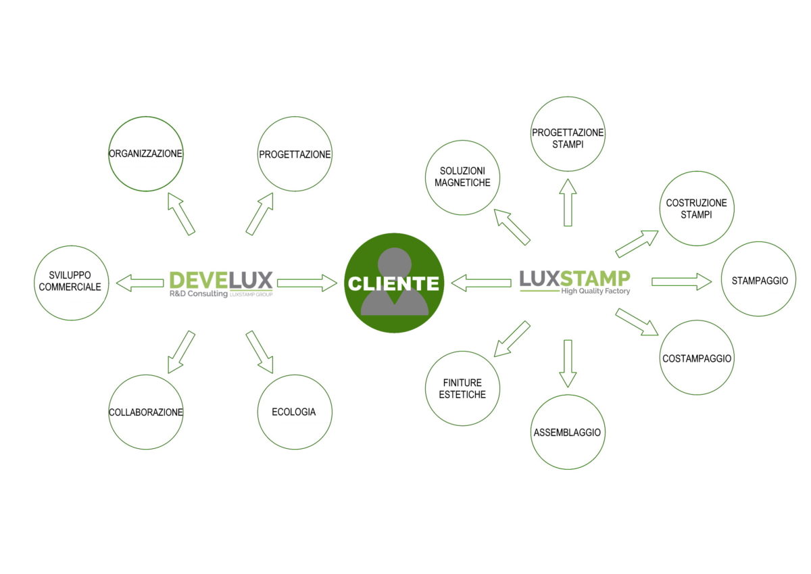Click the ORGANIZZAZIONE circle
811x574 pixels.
(145, 154)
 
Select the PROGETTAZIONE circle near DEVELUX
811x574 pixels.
(295, 154)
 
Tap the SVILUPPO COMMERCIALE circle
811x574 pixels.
(70, 283)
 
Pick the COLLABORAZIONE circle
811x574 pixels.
(146, 412)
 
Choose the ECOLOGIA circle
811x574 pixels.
(295, 412)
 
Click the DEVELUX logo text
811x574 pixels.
(220, 280)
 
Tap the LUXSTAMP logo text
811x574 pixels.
(574, 278)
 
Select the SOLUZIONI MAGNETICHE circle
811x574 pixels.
(463, 177)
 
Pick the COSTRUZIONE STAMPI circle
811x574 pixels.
(696, 209)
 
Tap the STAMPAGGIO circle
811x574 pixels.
(759, 279)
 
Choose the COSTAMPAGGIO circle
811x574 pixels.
(696, 358)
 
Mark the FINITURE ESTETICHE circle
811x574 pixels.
(463, 389)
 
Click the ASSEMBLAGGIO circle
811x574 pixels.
(567, 432)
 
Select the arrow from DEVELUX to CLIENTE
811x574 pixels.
(306, 283)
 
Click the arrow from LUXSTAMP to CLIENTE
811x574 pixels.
(481, 283)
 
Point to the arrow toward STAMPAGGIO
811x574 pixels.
(681, 282)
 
